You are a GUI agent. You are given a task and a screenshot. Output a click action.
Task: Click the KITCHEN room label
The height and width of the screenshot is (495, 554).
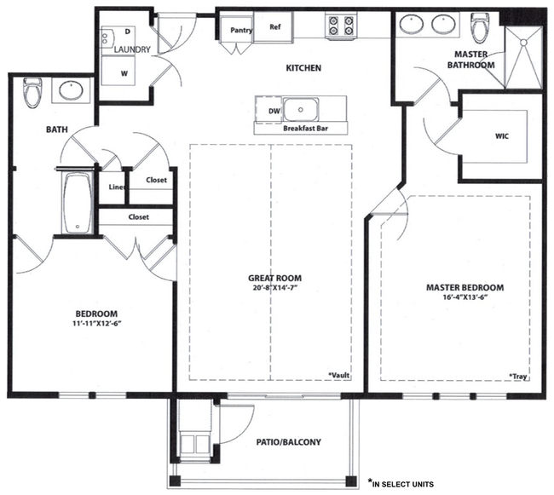[x=303, y=68]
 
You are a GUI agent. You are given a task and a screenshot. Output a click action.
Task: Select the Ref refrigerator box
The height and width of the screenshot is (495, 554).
[x=275, y=26]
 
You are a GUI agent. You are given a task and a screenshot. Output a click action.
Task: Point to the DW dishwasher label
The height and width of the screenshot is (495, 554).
[x=273, y=111]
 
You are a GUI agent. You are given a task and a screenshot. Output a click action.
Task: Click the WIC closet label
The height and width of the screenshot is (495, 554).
[x=500, y=135]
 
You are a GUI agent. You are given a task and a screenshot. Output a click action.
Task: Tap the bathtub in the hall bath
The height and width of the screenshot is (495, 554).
[x=78, y=204]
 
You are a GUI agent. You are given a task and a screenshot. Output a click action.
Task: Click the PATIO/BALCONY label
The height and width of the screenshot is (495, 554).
[x=288, y=441]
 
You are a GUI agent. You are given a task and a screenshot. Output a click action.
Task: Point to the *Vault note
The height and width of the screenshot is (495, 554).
[x=339, y=374]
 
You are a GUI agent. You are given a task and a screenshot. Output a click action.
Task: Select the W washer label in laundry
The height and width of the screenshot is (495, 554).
[x=124, y=73]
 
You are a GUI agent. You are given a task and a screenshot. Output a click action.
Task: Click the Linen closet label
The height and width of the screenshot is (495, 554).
[x=117, y=187]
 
